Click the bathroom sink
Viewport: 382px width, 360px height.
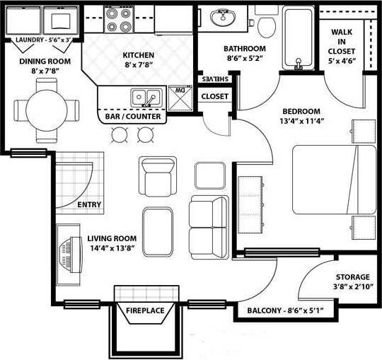pyautogui.click(x=226, y=18)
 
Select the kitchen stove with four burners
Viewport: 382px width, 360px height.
pyautogui.click(x=118, y=21)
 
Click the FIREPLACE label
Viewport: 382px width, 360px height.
pyautogui.click(x=145, y=310)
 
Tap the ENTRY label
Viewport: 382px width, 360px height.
pyautogui.click(x=89, y=205)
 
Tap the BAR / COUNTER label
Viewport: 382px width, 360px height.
pyautogui.click(x=133, y=115)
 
